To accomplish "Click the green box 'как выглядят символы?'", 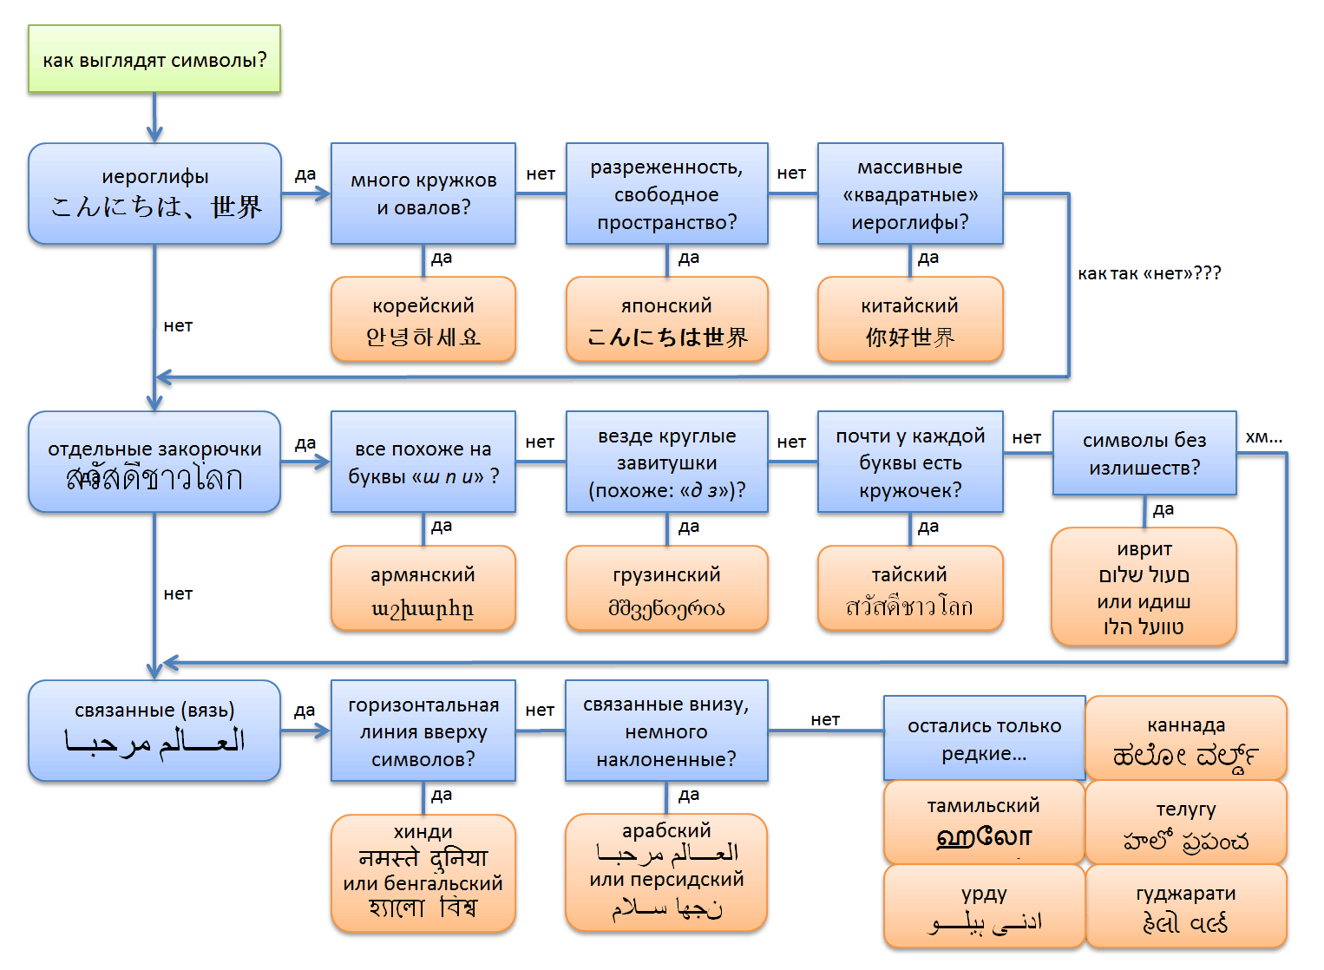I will point(154,59).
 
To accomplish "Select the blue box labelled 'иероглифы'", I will point(154,193).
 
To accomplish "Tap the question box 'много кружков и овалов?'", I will point(423,193).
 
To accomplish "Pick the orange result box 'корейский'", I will point(423,319).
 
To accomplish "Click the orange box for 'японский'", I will point(666,319).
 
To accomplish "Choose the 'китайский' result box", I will point(910,319).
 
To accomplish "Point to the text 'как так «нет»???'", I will point(1149,273).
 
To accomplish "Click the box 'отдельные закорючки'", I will point(154,462).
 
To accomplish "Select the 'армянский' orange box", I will point(423,588).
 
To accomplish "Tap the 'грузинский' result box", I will point(666,588).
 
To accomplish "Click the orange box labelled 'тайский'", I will point(910,588).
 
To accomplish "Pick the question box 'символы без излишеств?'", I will point(1144,453).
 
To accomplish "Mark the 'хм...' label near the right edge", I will point(1263,437).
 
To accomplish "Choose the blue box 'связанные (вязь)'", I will point(154,731).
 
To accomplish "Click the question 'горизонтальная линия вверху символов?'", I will point(423,731).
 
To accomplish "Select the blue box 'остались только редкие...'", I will point(984,738).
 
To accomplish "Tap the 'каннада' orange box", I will point(1186,738).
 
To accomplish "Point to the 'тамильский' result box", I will point(984,822).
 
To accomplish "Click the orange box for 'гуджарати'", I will point(1186,907).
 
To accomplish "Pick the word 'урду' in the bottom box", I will point(984,894).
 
